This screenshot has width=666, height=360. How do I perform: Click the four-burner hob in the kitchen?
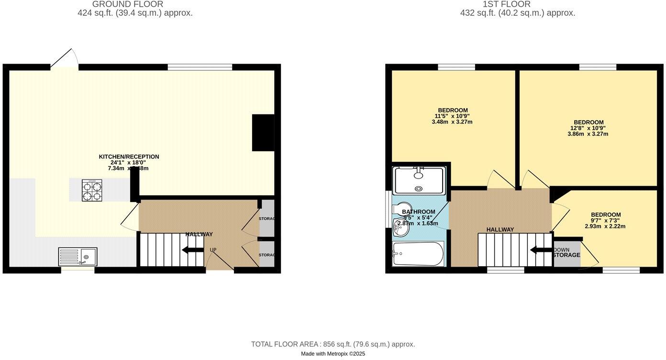click(x=92, y=190)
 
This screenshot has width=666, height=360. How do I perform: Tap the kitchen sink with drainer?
click(x=78, y=257)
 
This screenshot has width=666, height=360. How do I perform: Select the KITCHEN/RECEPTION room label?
click(x=129, y=157)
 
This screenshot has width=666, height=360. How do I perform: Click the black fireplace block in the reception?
click(x=263, y=133)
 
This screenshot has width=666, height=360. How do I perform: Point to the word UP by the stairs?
click(x=213, y=250)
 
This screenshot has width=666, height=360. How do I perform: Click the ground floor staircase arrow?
click(x=193, y=250)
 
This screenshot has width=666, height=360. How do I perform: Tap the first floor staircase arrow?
click(x=541, y=250)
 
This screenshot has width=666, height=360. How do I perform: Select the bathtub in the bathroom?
click(x=418, y=254)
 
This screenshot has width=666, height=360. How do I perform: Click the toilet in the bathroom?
click(x=398, y=209)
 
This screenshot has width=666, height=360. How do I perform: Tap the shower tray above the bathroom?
click(x=419, y=180)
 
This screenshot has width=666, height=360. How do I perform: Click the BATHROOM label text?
click(x=419, y=212)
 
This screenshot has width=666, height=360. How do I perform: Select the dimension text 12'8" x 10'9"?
click(x=588, y=128)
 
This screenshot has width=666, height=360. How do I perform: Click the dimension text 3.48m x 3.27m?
click(x=453, y=122)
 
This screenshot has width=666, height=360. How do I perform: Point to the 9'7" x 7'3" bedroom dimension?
click(x=606, y=220)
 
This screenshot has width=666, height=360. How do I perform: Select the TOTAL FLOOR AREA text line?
click(x=333, y=344)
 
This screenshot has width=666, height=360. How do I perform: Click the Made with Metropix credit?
click(x=333, y=354)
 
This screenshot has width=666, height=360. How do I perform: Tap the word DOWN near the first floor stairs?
click(x=561, y=250)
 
